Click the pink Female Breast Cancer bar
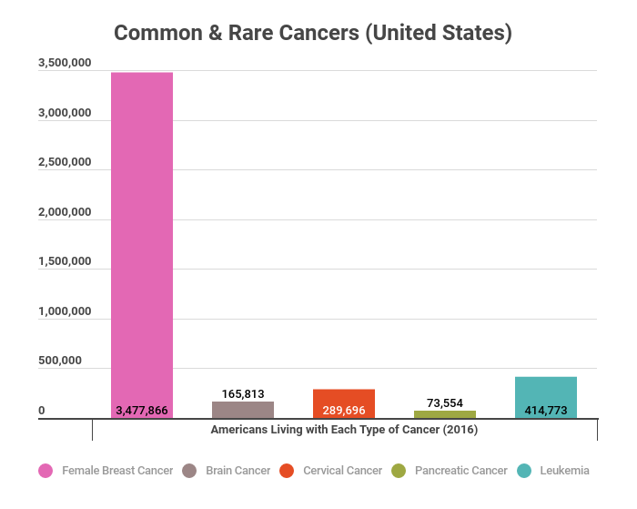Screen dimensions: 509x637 142,237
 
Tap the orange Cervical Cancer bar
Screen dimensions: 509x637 344,398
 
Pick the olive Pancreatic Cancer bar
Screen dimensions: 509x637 445,414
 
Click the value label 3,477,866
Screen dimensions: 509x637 142,411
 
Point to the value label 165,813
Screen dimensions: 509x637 243,394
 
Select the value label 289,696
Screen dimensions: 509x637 344,411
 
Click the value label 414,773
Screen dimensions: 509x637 546,411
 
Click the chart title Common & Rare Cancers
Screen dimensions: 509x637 313,34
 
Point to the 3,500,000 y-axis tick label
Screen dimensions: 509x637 65,64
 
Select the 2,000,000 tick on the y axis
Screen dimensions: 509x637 65,212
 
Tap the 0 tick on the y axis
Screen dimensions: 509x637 42,411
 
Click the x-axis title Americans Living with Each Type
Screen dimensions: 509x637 344,429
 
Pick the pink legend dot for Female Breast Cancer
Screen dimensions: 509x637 45,471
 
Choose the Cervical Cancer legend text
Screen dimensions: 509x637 343,471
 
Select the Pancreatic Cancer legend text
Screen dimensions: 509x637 460,471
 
